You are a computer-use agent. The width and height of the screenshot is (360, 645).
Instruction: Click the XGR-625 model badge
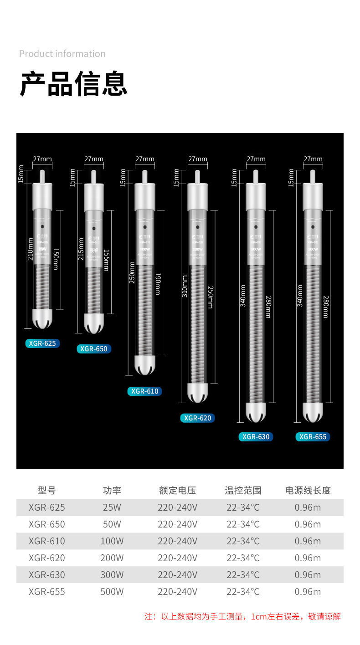tap(42, 343)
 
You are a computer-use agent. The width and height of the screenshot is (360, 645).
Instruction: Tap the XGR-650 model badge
tap(94, 349)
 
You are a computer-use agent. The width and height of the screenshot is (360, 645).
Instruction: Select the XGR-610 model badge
tap(145, 391)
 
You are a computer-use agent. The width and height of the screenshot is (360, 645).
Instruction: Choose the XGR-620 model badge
tap(197, 418)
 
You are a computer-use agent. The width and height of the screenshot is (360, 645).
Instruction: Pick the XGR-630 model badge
tap(256, 437)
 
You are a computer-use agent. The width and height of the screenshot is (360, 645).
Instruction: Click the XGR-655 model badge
tap(313, 437)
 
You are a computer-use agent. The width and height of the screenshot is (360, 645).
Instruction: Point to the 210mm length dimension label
tap(31, 249)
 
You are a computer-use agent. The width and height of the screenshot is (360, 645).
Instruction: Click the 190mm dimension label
tap(158, 283)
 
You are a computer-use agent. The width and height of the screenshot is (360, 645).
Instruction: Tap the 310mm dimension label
tap(185, 286)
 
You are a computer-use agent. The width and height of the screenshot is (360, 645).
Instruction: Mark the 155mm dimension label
tap(106, 260)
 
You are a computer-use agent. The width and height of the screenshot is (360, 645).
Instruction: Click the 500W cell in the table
tap(112, 592)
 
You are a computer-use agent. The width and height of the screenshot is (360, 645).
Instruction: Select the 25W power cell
tap(112, 507)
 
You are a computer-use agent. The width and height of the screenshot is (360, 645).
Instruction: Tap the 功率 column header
tap(112, 491)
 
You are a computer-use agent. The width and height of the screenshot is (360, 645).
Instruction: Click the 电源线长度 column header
tap(308, 491)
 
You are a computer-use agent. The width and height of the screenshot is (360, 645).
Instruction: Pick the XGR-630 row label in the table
tap(47, 575)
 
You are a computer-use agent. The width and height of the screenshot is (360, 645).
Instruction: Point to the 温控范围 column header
tap(243, 491)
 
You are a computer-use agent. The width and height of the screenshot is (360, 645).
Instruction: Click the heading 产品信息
tap(73, 84)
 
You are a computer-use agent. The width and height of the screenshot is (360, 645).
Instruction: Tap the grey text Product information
tap(62, 54)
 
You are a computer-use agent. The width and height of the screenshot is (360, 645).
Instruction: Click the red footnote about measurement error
tap(242, 617)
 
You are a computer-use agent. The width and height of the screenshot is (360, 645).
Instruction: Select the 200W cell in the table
tap(112, 558)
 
